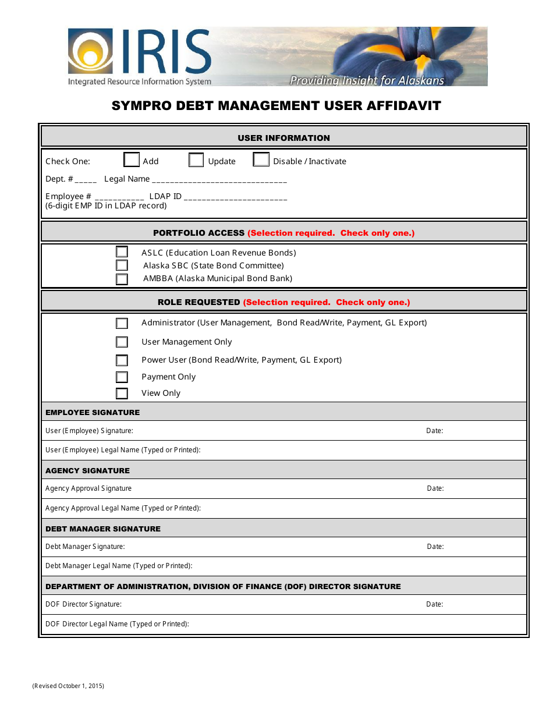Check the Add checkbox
click(x=132, y=160)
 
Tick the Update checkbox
click(x=196, y=160)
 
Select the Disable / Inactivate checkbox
click(x=261, y=160)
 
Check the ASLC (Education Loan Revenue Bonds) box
click(x=122, y=252)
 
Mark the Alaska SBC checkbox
click(x=122, y=265)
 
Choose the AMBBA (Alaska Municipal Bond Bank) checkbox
click(x=122, y=279)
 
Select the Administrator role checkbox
click(x=122, y=323)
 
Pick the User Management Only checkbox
click(x=122, y=342)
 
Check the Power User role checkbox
click(x=122, y=360)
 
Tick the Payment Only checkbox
click(x=122, y=377)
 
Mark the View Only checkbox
click(x=122, y=394)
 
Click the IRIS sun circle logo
click(x=90, y=52)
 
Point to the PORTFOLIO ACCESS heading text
click(x=198, y=233)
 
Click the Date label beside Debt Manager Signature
click(x=435, y=547)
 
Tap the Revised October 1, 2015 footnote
click(x=68, y=686)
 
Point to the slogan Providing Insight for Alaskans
click(x=367, y=80)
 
